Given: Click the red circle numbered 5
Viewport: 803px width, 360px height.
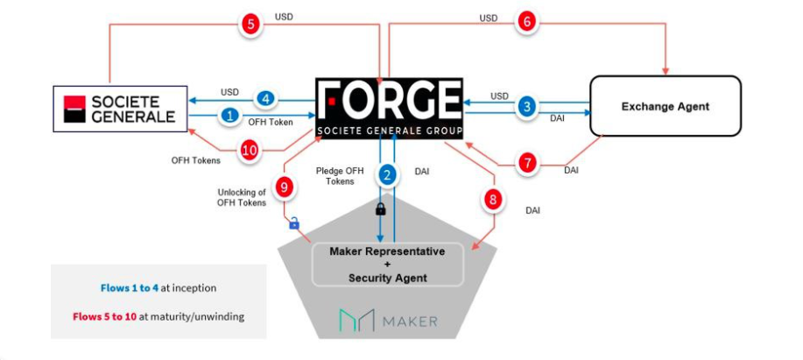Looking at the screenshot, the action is pos(250,24).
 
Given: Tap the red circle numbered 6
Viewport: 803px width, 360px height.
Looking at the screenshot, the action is pos(527,22).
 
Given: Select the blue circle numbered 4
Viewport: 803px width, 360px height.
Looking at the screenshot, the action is pos(266,99).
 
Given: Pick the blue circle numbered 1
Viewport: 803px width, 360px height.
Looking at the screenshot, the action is pos(230,116).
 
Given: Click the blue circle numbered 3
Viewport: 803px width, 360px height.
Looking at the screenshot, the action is pos(527,106).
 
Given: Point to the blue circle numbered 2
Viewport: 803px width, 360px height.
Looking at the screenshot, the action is pos(388,175).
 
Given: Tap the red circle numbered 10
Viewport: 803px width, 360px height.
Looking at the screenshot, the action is pos(250,151).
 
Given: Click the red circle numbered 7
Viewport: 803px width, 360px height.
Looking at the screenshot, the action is pos(528,163).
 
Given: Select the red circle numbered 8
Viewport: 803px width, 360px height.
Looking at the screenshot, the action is pos(493,200).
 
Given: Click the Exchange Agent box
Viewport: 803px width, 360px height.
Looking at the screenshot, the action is pos(666,106).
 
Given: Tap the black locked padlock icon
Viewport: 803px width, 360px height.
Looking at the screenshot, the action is pos(381,209).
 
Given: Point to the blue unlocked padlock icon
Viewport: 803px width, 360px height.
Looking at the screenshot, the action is pos(294,222).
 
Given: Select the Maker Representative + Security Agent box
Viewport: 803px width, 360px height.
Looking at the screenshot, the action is pos(388,265).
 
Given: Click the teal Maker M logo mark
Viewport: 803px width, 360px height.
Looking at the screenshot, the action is pos(357,321).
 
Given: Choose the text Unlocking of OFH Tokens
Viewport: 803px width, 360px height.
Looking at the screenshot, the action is pos(242,197).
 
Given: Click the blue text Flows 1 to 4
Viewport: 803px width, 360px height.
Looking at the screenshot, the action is pos(130,288).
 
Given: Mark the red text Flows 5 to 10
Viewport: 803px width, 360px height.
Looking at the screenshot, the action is pos(105,316).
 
